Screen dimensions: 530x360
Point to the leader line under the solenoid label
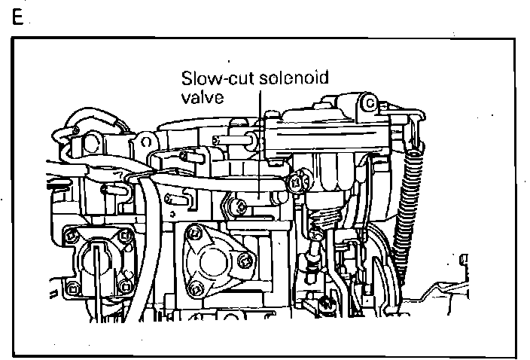point(260,136)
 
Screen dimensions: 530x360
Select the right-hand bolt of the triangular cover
point(243,260)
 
